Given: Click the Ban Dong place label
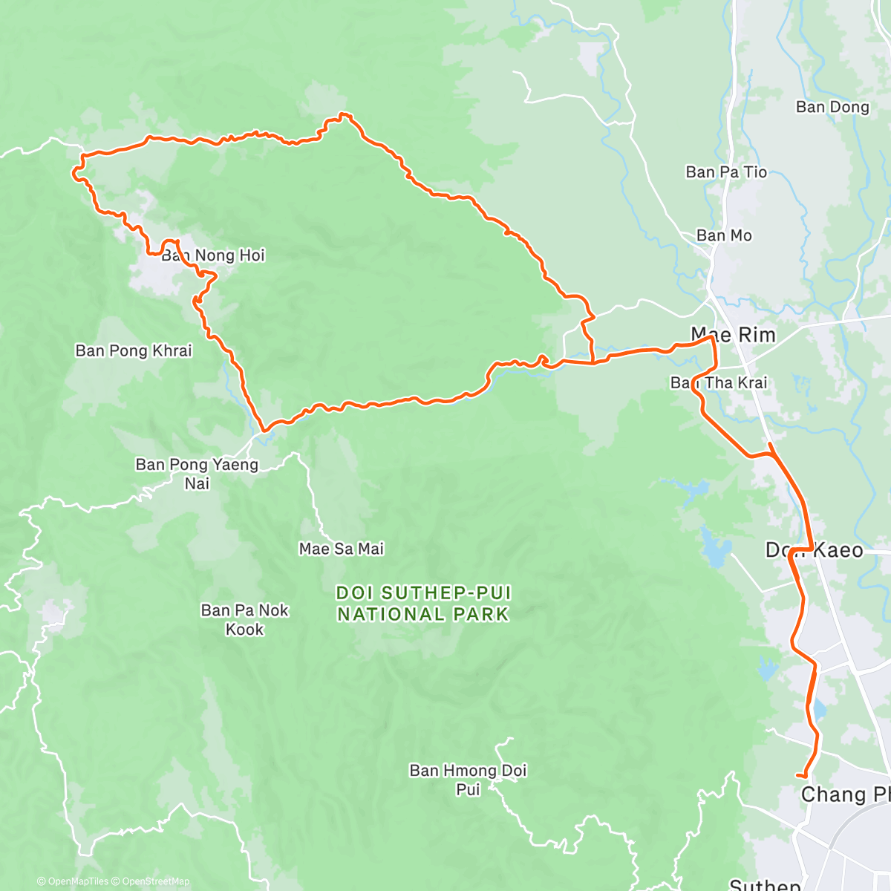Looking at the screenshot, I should (x=832, y=107).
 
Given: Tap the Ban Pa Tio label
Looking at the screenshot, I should (x=725, y=172).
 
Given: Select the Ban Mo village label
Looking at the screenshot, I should (x=723, y=235).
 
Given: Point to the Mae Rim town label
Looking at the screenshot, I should (x=733, y=335).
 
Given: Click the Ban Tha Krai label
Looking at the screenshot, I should (x=718, y=382).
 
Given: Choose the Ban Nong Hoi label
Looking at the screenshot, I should (x=213, y=255).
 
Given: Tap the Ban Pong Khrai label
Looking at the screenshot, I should (x=134, y=350).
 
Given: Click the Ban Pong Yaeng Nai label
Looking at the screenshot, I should (x=197, y=474).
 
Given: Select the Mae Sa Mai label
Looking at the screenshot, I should (x=342, y=549).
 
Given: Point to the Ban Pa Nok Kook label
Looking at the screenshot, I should (x=244, y=619).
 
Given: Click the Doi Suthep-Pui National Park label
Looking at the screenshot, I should (x=423, y=604).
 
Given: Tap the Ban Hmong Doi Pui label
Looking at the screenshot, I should (x=468, y=780).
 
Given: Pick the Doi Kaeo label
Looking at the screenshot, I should (x=814, y=550).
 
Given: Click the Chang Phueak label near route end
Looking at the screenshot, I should (x=845, y=794).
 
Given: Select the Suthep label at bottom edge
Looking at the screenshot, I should (x=765, y=884).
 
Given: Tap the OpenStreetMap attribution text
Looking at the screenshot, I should (x=155, y=881).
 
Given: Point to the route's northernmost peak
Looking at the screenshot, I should (x=342, y=114).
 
